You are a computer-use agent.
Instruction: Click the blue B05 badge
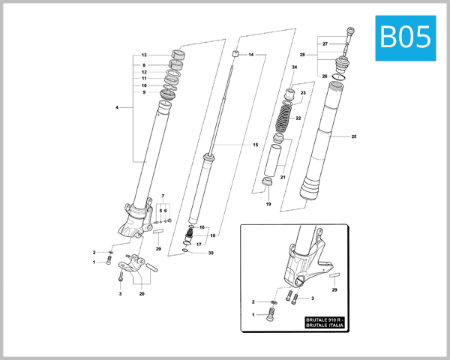[406, 36]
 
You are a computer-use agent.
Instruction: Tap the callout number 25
[353, 136]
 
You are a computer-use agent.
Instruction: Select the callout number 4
[117, 108]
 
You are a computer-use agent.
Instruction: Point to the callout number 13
[143, 55]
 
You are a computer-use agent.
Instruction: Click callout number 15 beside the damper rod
[255, 144]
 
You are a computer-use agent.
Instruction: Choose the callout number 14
[251, 55]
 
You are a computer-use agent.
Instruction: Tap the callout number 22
[298, 118]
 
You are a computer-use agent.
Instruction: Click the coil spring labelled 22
[284, 119]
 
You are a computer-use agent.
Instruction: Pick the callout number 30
[211, 253]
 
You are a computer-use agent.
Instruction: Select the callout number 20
[142, 294]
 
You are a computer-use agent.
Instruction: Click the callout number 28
[302, 55]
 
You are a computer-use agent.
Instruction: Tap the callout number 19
[268, 204]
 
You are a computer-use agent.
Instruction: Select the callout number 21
[283, 178]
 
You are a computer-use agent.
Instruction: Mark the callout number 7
[162, 196]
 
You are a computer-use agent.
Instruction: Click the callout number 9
[143, 92]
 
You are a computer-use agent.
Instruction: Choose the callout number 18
[212, 235]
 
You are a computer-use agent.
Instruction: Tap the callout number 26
[324, 76]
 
